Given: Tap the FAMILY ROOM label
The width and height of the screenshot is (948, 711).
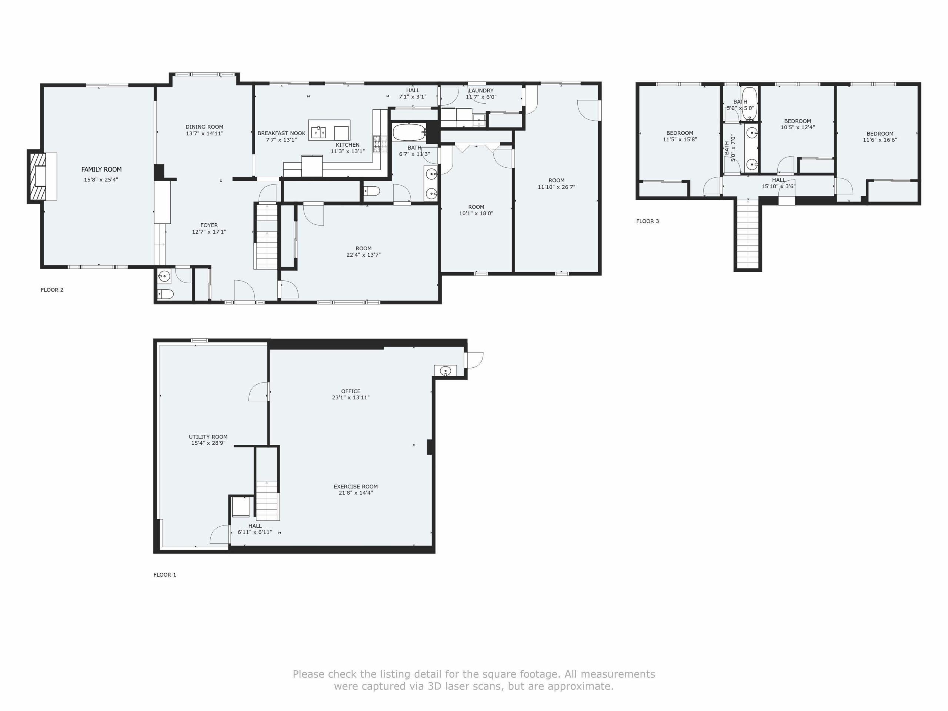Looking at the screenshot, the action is (101, 170).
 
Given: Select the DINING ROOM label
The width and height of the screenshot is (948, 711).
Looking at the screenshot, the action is (204, 127).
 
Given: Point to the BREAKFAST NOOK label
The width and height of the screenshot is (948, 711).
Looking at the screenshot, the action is (281, 133).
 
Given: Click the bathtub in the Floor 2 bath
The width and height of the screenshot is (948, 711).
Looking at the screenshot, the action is (409, 133).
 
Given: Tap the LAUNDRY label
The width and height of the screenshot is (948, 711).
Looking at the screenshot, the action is (481, 91).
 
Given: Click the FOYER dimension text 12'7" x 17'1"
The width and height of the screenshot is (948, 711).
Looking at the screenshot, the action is (209, 232).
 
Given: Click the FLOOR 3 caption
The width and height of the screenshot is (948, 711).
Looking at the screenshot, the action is (648, 221).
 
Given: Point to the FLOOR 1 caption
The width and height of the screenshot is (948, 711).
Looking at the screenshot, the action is (165, 575).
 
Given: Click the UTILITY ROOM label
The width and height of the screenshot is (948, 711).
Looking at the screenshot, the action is (208, 437).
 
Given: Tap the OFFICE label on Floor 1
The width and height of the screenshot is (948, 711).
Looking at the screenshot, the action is (351, 391).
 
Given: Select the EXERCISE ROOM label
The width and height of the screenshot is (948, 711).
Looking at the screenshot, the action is (356, 487).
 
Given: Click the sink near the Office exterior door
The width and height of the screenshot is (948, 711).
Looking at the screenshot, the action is (445, 371).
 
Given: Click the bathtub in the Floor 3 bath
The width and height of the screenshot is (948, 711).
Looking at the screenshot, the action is (750, 103).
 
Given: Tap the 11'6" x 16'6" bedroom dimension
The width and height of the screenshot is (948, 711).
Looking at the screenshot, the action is (880, 140).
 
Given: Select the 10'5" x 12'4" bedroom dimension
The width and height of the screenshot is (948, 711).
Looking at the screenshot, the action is (798, 127).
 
